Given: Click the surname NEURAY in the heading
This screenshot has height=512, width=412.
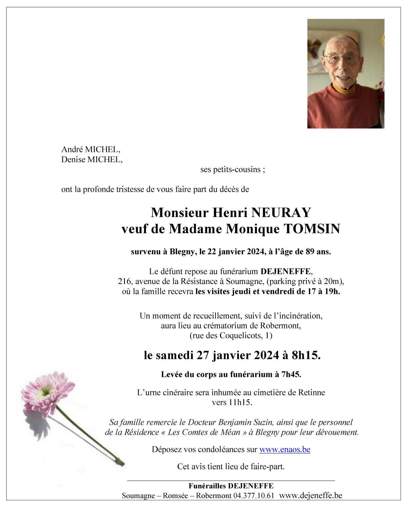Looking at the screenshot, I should point(281,213).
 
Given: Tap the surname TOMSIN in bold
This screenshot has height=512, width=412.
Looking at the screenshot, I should point(312,229).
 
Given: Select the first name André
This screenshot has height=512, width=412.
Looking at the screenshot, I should point(72,149).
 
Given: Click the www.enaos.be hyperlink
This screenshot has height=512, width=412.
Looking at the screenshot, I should point(285,450).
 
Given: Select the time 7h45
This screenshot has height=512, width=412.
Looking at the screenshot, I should point(291,375).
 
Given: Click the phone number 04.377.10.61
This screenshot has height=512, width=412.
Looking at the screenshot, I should point(254,496).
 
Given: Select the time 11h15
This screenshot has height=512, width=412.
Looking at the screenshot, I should point(240,402).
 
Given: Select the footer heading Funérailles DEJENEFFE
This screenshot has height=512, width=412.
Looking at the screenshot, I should point(231,486).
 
